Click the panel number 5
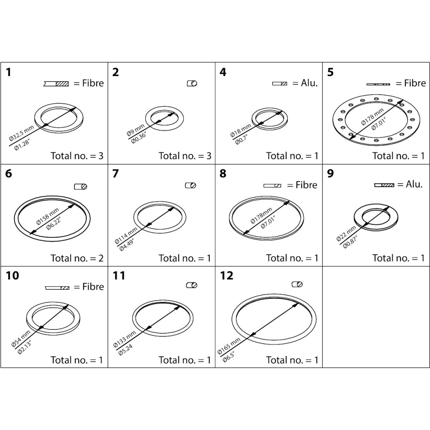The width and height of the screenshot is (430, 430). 330,72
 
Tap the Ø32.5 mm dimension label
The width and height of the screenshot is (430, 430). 21,133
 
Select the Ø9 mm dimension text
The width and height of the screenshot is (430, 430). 135,130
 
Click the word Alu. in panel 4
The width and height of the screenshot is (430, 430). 309,83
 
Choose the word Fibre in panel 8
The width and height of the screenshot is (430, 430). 306,185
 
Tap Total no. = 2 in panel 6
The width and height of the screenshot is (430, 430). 77,258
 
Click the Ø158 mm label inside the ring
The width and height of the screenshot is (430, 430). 47,217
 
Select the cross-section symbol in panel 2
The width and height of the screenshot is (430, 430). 192,83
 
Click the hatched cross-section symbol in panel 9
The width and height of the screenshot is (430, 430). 384,185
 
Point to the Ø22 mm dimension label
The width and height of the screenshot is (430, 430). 346,233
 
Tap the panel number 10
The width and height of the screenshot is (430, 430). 12,276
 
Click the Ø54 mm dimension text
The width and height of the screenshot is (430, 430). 21,339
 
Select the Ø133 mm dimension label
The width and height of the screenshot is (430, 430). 124,339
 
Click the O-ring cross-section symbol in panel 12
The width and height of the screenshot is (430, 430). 297,284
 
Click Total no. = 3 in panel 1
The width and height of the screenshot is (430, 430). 77,156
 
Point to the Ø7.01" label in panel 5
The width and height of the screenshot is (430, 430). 379,124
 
